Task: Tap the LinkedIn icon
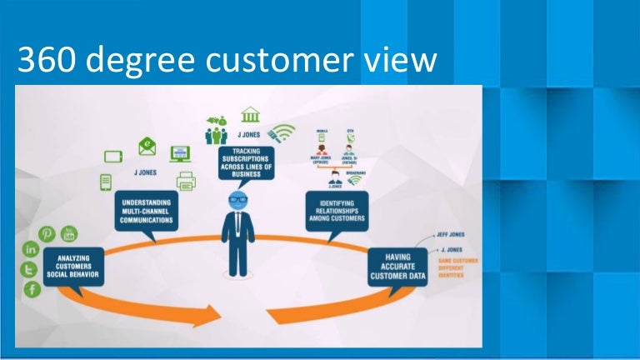click(31, 249)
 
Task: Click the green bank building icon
click(249, 115)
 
